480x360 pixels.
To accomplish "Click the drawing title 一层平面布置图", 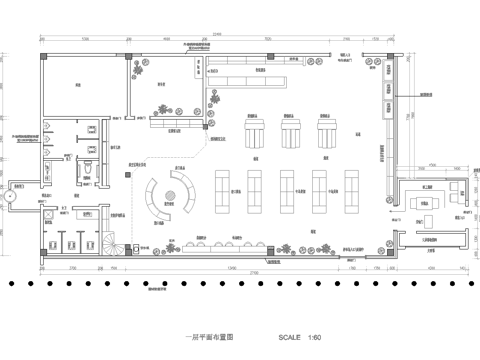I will click(205, 338).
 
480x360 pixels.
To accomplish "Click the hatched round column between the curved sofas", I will click(171, 188).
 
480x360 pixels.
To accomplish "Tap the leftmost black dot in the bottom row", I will click(9, 285).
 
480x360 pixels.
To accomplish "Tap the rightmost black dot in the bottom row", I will click(470, 285).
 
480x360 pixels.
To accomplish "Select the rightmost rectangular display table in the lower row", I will click(353, 187).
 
